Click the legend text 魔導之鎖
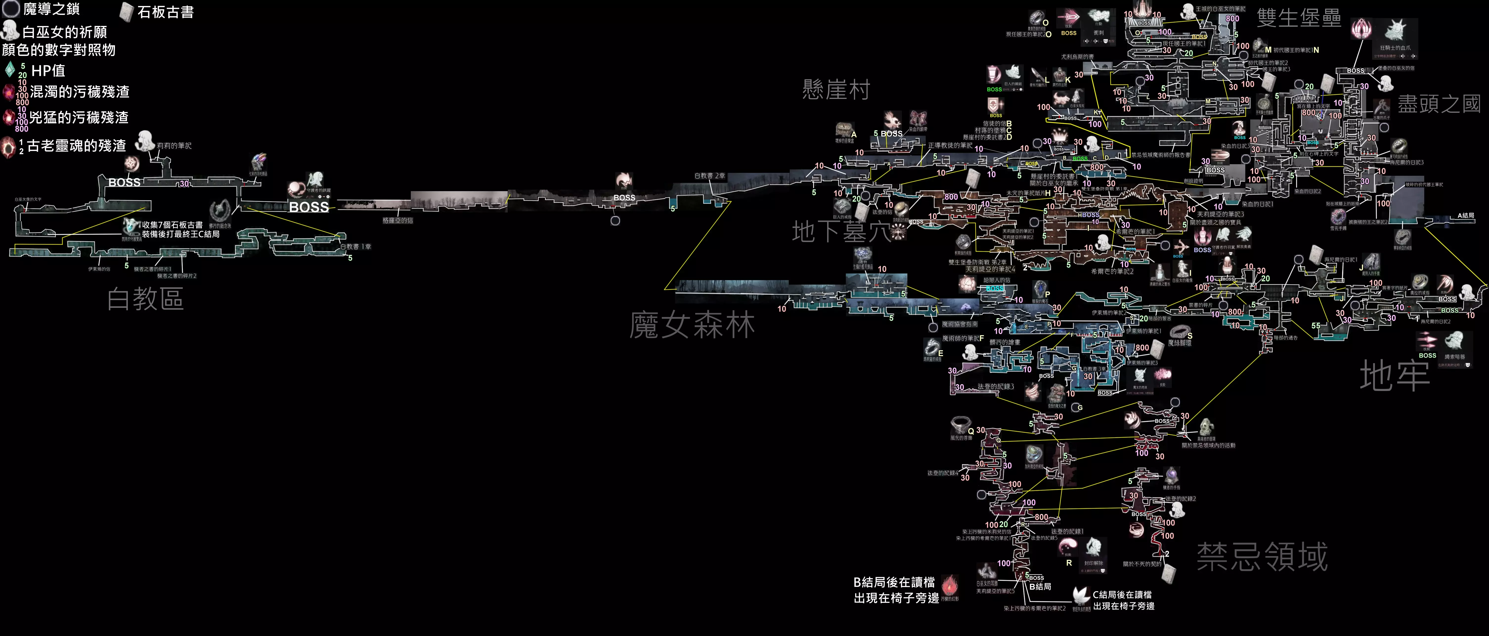pyautogui.click(x=51, y=9)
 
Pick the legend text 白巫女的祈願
pyautogui.click(x=64, y=32)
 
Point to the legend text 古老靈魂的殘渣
pyautogui.click(x=76, y=146)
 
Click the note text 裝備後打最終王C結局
pyautogui.click(x=181, y=234)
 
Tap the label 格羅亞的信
pyautogui.click(x=398, y=220)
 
